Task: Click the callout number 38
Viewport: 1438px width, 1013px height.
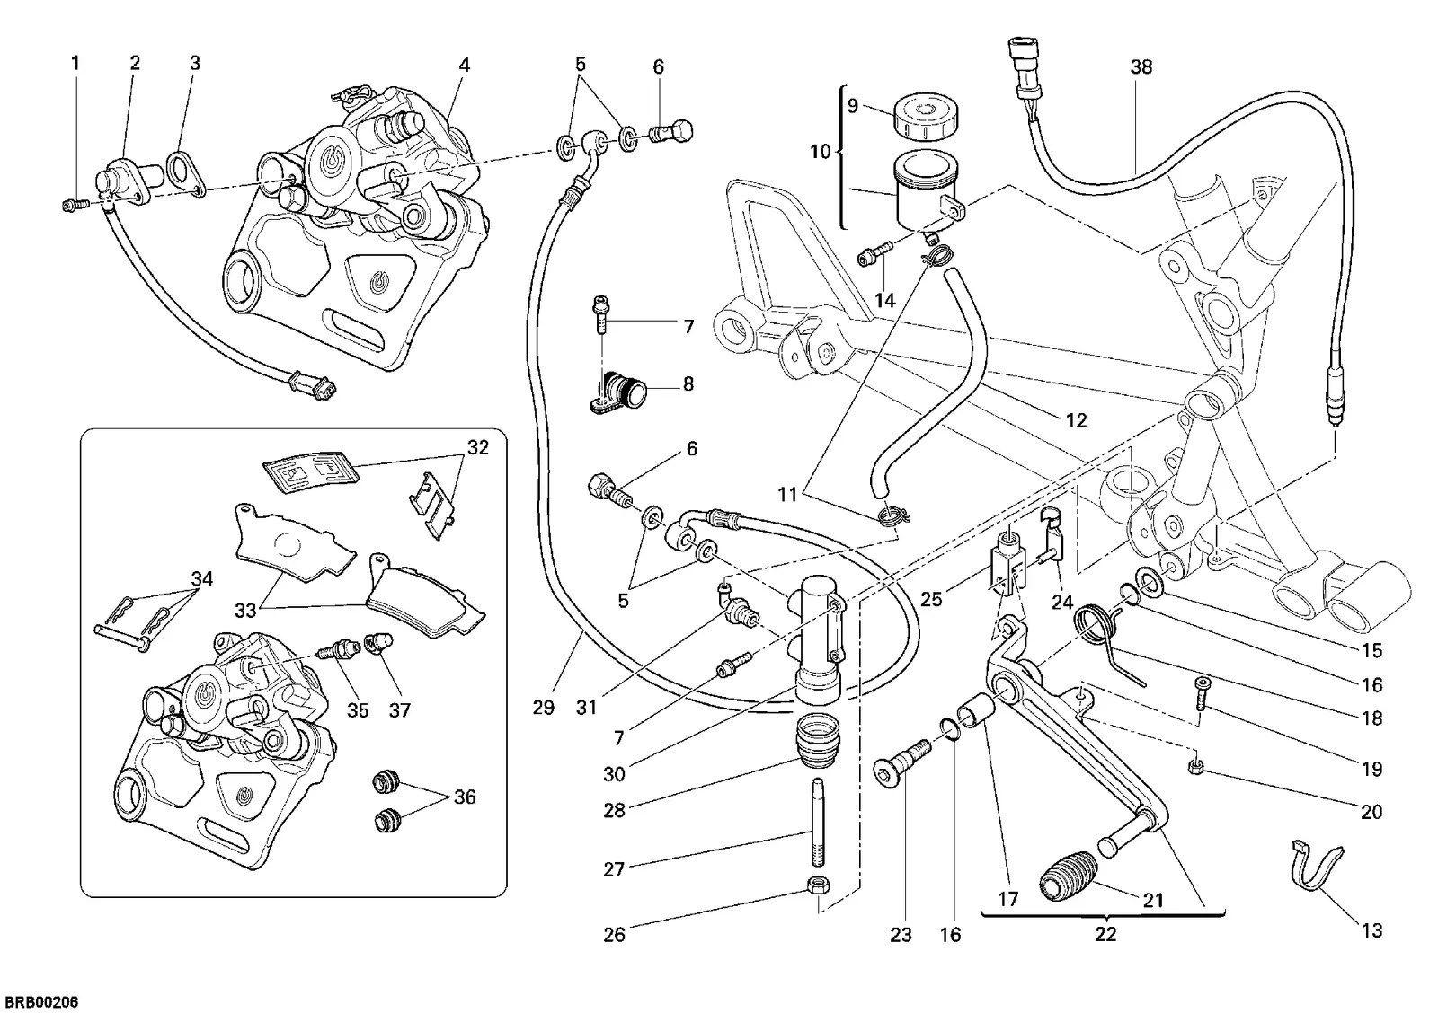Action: [x=1141, y=66]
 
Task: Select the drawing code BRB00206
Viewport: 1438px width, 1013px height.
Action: [x=41, y=1001]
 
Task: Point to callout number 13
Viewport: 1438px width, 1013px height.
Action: [x=1371, y=929]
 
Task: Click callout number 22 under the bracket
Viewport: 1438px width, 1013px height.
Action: [x=1105, y=934]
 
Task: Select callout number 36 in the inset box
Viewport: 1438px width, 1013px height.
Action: [x=464, y=797]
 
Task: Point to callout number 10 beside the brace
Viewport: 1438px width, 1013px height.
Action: [x=820, y=152]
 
